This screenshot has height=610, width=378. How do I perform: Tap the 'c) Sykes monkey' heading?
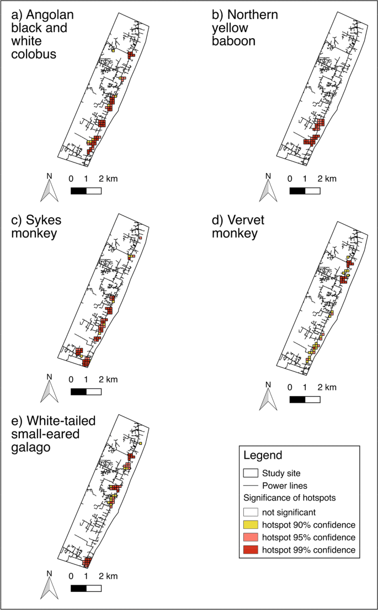(36, 227)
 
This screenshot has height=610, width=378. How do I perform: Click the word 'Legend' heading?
(263, 456)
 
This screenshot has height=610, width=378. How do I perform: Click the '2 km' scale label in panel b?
(327, 179)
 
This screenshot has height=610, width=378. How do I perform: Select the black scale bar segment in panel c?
(78, 392)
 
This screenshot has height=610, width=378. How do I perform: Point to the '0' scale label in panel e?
(71, 578)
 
